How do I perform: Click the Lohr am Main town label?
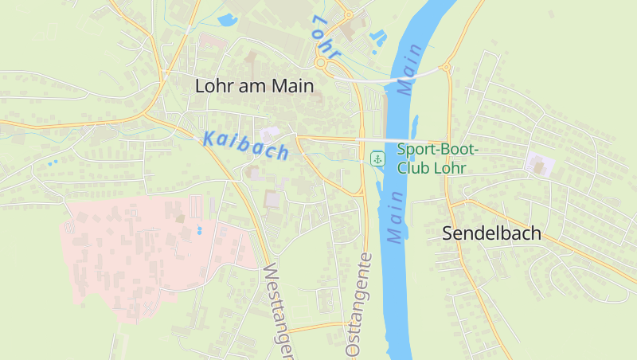(255, 86)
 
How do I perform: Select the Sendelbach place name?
(491, 233)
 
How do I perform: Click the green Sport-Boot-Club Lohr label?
(437, 158)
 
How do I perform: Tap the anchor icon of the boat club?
(378, 158)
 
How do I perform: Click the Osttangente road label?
(358, 304)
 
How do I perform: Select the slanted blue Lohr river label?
(326, 37)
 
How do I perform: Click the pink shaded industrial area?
(135, 255)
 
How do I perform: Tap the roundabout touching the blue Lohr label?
(322, 62)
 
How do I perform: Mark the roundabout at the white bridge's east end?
(446, 68)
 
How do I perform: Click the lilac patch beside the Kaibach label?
(269, 132)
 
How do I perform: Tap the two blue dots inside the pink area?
(198, 230)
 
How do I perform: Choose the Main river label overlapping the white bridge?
(410, 70)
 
